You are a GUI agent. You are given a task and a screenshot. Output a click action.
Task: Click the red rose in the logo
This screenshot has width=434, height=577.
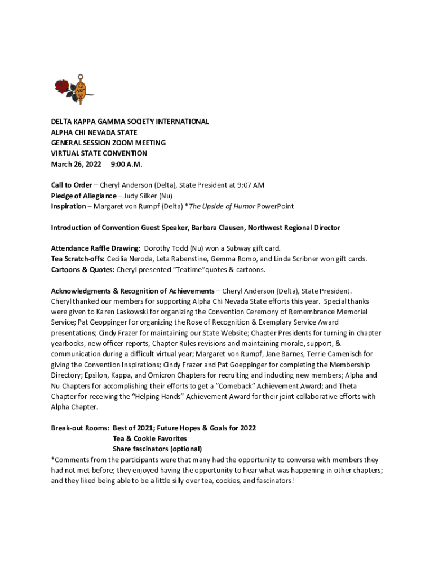pos(61,86)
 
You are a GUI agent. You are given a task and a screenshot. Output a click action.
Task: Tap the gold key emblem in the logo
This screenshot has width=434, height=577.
pos(81,90)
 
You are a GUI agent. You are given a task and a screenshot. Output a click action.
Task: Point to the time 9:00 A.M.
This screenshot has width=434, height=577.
pos(127,164)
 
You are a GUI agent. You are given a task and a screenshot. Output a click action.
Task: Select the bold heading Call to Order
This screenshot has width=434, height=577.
pos(72,185)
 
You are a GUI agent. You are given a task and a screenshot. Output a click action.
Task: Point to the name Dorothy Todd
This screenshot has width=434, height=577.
pos(167,248)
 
